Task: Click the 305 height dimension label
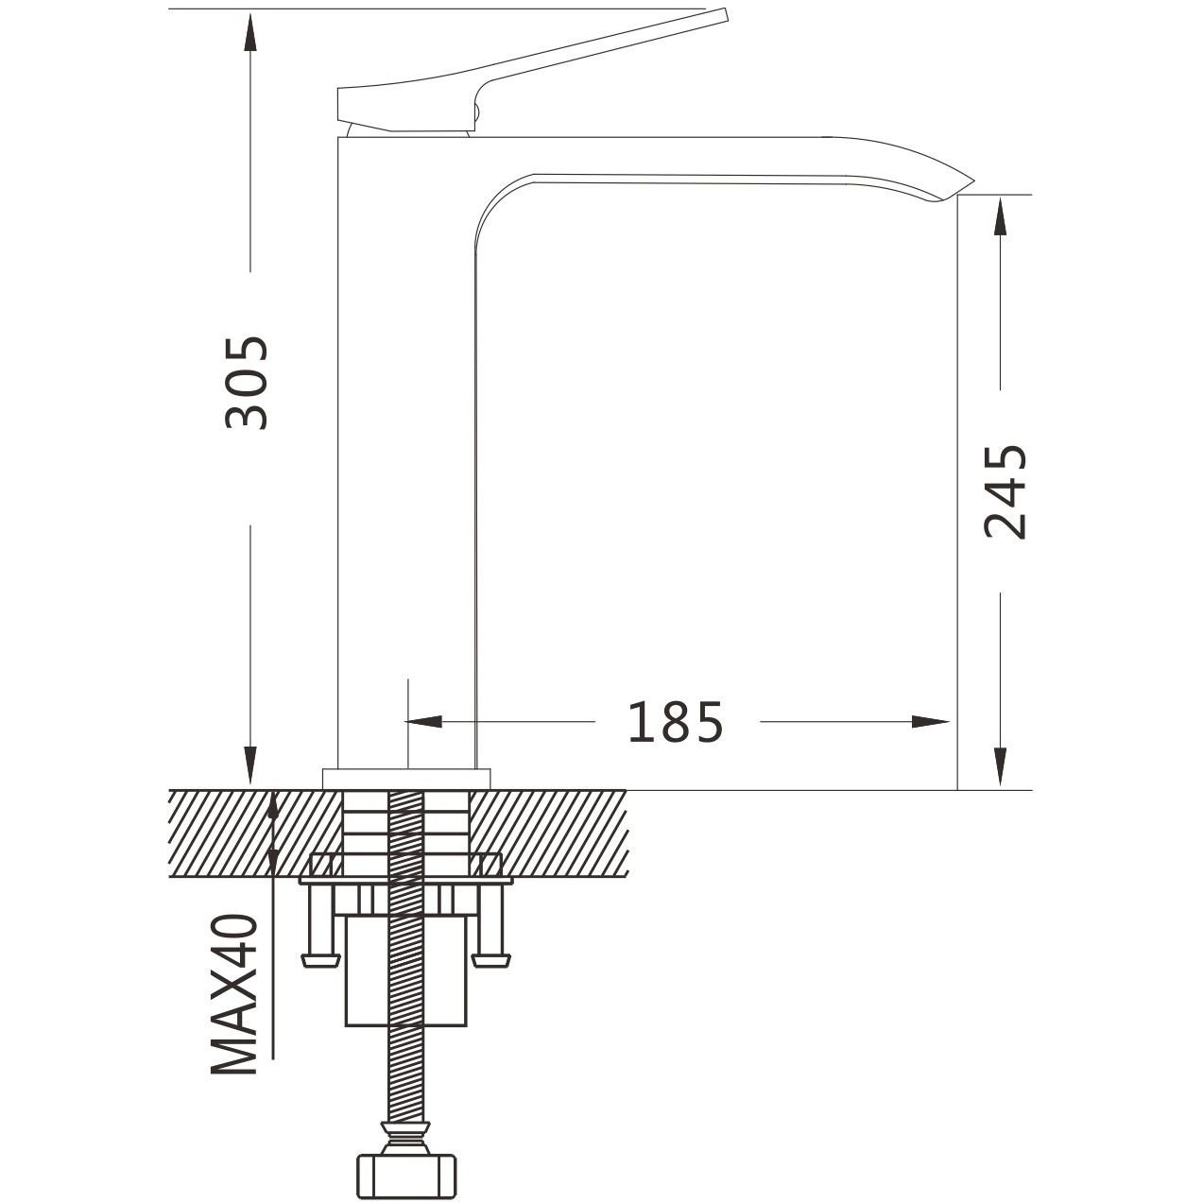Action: tap(247, 383)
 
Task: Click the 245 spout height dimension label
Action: tap(1005, 492)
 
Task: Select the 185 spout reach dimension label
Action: tap(676, 722)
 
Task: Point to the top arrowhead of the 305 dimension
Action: tap(250, 32)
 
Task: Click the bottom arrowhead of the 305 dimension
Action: tap(250, 765)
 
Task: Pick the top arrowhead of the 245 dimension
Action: tap(1000, 216)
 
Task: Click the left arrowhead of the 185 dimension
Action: tap(425, 722)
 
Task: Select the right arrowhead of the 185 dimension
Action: tap(930, 722)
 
